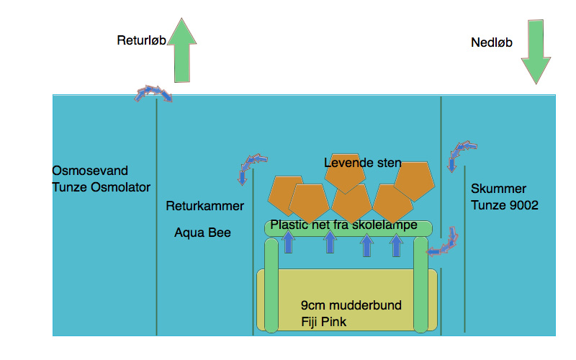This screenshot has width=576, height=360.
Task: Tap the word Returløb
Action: tap(142, 40)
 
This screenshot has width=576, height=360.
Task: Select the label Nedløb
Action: tap(491, 43)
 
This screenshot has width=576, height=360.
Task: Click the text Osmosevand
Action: tap(90, 171)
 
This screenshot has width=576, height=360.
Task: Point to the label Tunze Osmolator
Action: tap(102, 187)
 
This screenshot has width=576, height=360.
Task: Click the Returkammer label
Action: tap(204, 207)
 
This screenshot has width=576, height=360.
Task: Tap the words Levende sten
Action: tap(362, 163)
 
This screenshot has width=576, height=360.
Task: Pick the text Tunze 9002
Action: tap(505, 205)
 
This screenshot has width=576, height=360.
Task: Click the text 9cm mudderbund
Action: tap(351, 305)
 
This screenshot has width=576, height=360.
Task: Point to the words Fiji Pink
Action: tap(324, 322)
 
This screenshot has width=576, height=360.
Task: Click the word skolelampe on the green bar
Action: tap(384, 225)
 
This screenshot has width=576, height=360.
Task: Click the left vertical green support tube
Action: tap(271, 285)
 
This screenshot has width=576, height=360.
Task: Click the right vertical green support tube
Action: tap(422, 285)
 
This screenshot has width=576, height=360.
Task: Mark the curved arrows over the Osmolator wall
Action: tap(154, 94)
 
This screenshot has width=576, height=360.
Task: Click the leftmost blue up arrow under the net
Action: tap(289, 243)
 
